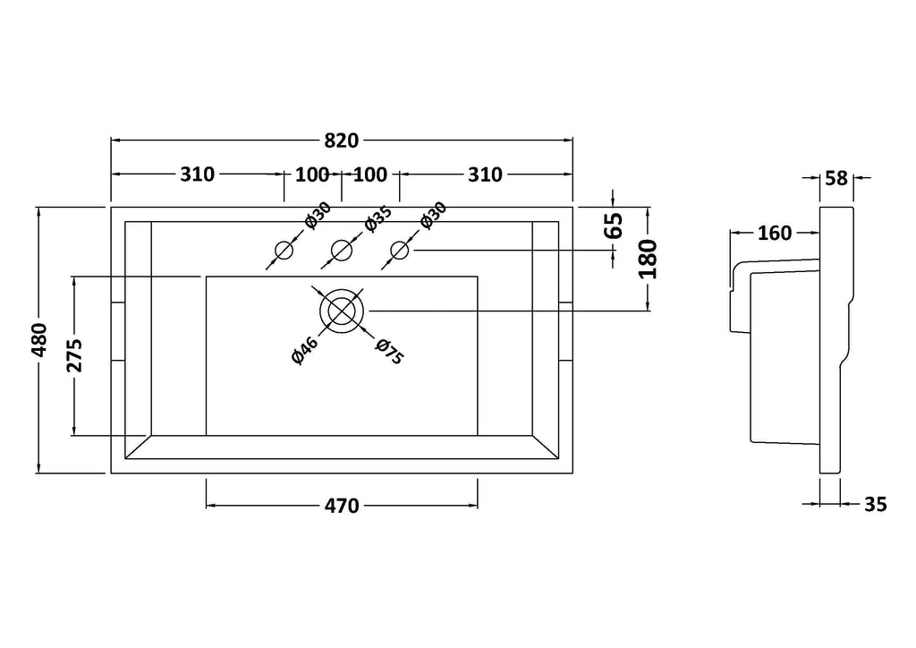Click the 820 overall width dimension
(341, 141)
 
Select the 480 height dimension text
(39, 340)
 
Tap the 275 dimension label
(74, 355)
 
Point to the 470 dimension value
(342, 506)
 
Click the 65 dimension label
(614, 226)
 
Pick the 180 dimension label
(648, 259)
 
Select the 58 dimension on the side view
(836, 178)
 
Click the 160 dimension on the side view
(775, 233)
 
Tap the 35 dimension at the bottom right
(875, 504)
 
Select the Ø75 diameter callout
(389, 352)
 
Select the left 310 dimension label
(198, 175)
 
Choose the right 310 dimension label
(485, 175)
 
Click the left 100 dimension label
(312, 175)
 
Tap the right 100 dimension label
(370, 175)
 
